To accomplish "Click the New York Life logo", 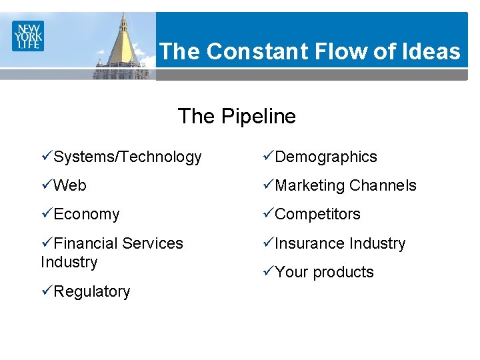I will pos(27,35).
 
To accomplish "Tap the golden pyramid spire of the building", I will pos(123,47).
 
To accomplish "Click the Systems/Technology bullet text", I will pos(127,157).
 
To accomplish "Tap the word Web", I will pos(70,186).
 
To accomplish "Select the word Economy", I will pos(87,215).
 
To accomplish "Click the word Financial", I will pos(87,243).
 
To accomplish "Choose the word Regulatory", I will pos(92,291).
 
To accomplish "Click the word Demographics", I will pos(326,157).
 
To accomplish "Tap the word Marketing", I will pos(310,186).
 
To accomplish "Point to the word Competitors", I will pos(317,215).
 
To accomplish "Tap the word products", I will pos(343,273).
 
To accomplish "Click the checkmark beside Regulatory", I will pos(47,291).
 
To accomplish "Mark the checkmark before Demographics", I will pos(267,157).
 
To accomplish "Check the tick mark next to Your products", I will pos(267,271).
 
